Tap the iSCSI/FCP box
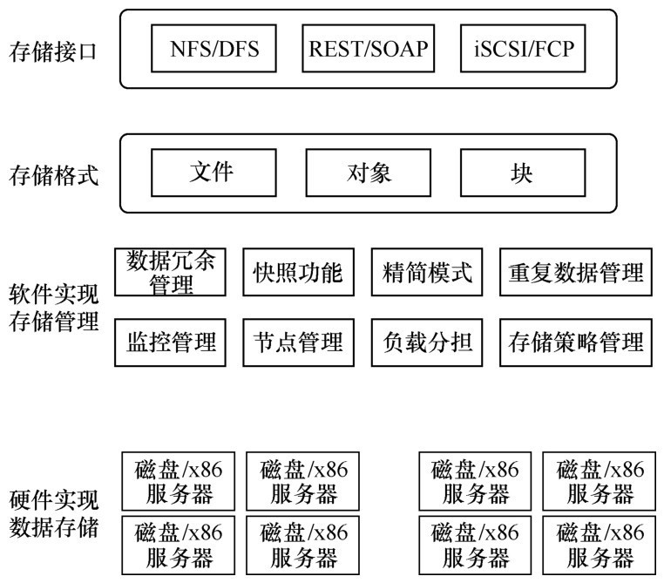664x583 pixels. click(522, 49)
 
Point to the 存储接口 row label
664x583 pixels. click(52, 51)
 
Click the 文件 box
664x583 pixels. click(212, 172)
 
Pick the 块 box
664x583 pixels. click(522, 173)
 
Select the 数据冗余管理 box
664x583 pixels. click(170, 272)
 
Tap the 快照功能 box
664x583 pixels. click(292, 273)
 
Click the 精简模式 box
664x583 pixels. click(427, 273)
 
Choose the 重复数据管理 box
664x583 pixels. click(576, 273)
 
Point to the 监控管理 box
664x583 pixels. click(170, 341)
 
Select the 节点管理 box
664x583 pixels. click(292, 341)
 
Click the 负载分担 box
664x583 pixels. click(427, 341)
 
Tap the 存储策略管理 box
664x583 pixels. click(576, 341)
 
